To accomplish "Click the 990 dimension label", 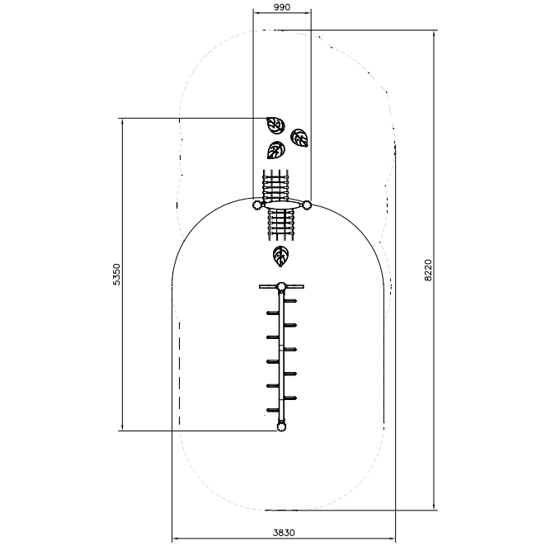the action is (282, 7).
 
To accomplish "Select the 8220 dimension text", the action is (428, 271).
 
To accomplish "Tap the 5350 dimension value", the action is (116, 275).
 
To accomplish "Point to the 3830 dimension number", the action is (284, 533).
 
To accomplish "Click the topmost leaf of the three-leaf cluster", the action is (275, 125).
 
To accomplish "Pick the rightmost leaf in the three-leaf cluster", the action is (299, 138).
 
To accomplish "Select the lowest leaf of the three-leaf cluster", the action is (276, 150).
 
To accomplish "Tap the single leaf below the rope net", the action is (280, 256).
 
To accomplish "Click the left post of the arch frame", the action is (257, 205).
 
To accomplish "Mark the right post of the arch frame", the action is (306, 205).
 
